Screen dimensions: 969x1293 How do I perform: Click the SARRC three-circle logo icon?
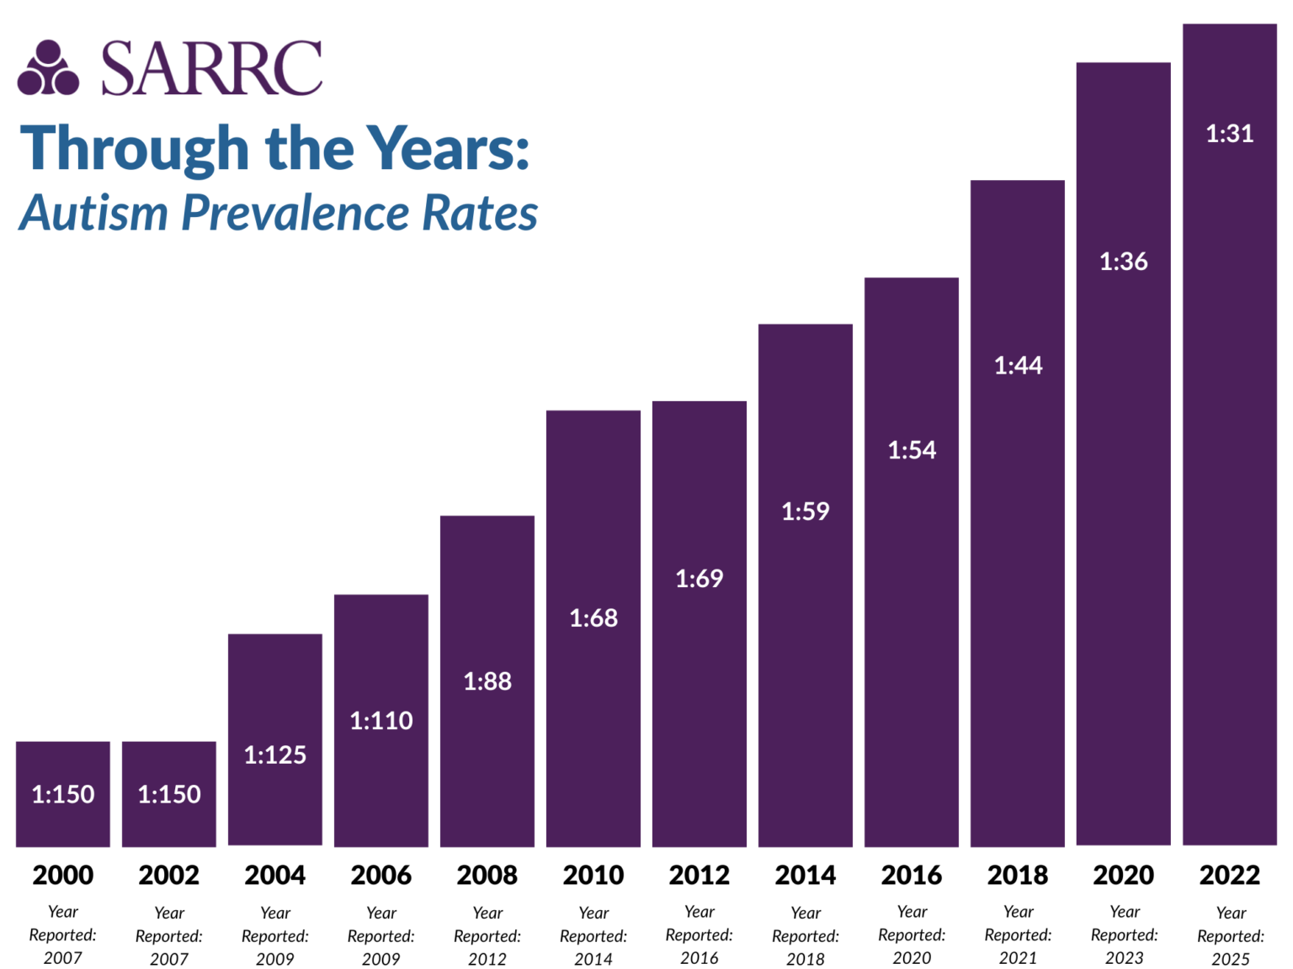(48, 68)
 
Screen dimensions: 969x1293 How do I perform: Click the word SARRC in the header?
(211, 68)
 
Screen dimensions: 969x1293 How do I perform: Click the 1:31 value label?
(1229, 133)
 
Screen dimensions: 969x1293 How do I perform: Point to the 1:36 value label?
(1123, 262)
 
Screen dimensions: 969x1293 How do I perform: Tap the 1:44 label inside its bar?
(1018, 365)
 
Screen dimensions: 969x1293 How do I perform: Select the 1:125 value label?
(274, 755)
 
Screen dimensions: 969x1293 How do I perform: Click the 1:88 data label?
(487, 680)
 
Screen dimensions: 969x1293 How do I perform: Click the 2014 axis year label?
(805, 875)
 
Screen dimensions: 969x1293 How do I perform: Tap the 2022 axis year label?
(1229, 875)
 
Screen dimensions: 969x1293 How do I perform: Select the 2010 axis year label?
(593, 875)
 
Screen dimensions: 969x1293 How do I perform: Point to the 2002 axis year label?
(168, 875)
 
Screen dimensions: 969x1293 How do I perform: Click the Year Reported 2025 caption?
(1230, 935)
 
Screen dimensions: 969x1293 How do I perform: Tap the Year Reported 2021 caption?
(1018, 935)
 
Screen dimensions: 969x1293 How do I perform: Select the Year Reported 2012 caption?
(487, 935)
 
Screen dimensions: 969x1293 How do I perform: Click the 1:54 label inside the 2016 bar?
(912, 450)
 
